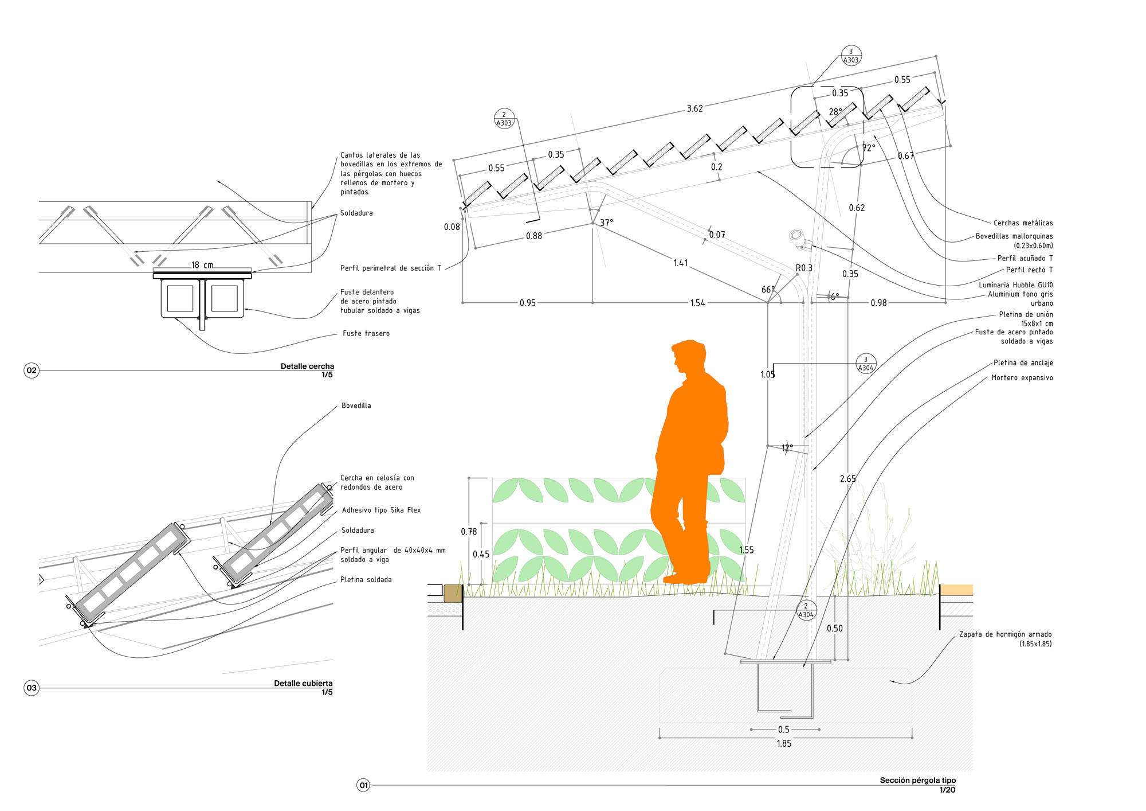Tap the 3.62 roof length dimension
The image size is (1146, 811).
coord(694,108)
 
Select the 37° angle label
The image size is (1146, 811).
coord(606,223)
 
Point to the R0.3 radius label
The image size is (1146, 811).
coord(804,268)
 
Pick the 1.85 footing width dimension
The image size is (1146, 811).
coord(784,743)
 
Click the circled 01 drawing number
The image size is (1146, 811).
coord(363,785)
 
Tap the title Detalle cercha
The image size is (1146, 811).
coord(307,366)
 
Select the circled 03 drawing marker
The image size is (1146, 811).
coord(32,688)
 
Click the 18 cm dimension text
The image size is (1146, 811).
coord(202,265)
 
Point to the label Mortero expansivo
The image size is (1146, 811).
coord(1022,377)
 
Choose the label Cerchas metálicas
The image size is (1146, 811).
coord(1023,223)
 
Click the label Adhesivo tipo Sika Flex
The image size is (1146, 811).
coord(381,510)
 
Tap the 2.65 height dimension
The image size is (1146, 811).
coord(847,479)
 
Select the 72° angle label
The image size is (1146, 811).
coord(869,148)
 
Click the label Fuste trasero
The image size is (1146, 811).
coord(366,333)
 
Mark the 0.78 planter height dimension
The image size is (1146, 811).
coord(469,532)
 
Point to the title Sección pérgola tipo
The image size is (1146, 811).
coord(917,780)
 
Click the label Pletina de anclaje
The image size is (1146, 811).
coord(1023,362)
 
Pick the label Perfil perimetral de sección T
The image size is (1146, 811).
coord(391,268)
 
